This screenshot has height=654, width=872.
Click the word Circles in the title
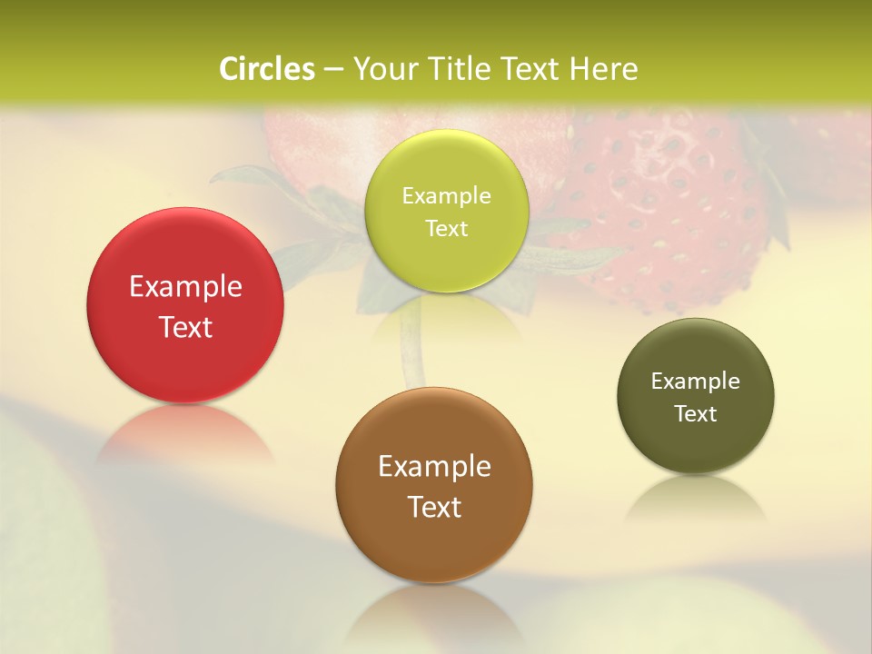coord(267,69)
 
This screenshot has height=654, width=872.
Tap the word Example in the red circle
coord(185,287)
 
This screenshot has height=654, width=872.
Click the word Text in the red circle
coord(185,327)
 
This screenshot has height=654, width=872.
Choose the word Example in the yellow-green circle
coord(446,196)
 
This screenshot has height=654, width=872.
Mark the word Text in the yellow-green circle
coord(446,228)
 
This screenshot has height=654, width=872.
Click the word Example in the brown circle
coord(434,467)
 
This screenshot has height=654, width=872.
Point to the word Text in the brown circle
coord(434,507)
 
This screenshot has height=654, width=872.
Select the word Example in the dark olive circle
coord(696,381)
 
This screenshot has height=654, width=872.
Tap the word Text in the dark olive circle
coord(696,413)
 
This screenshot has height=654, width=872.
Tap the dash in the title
coord(332,70)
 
